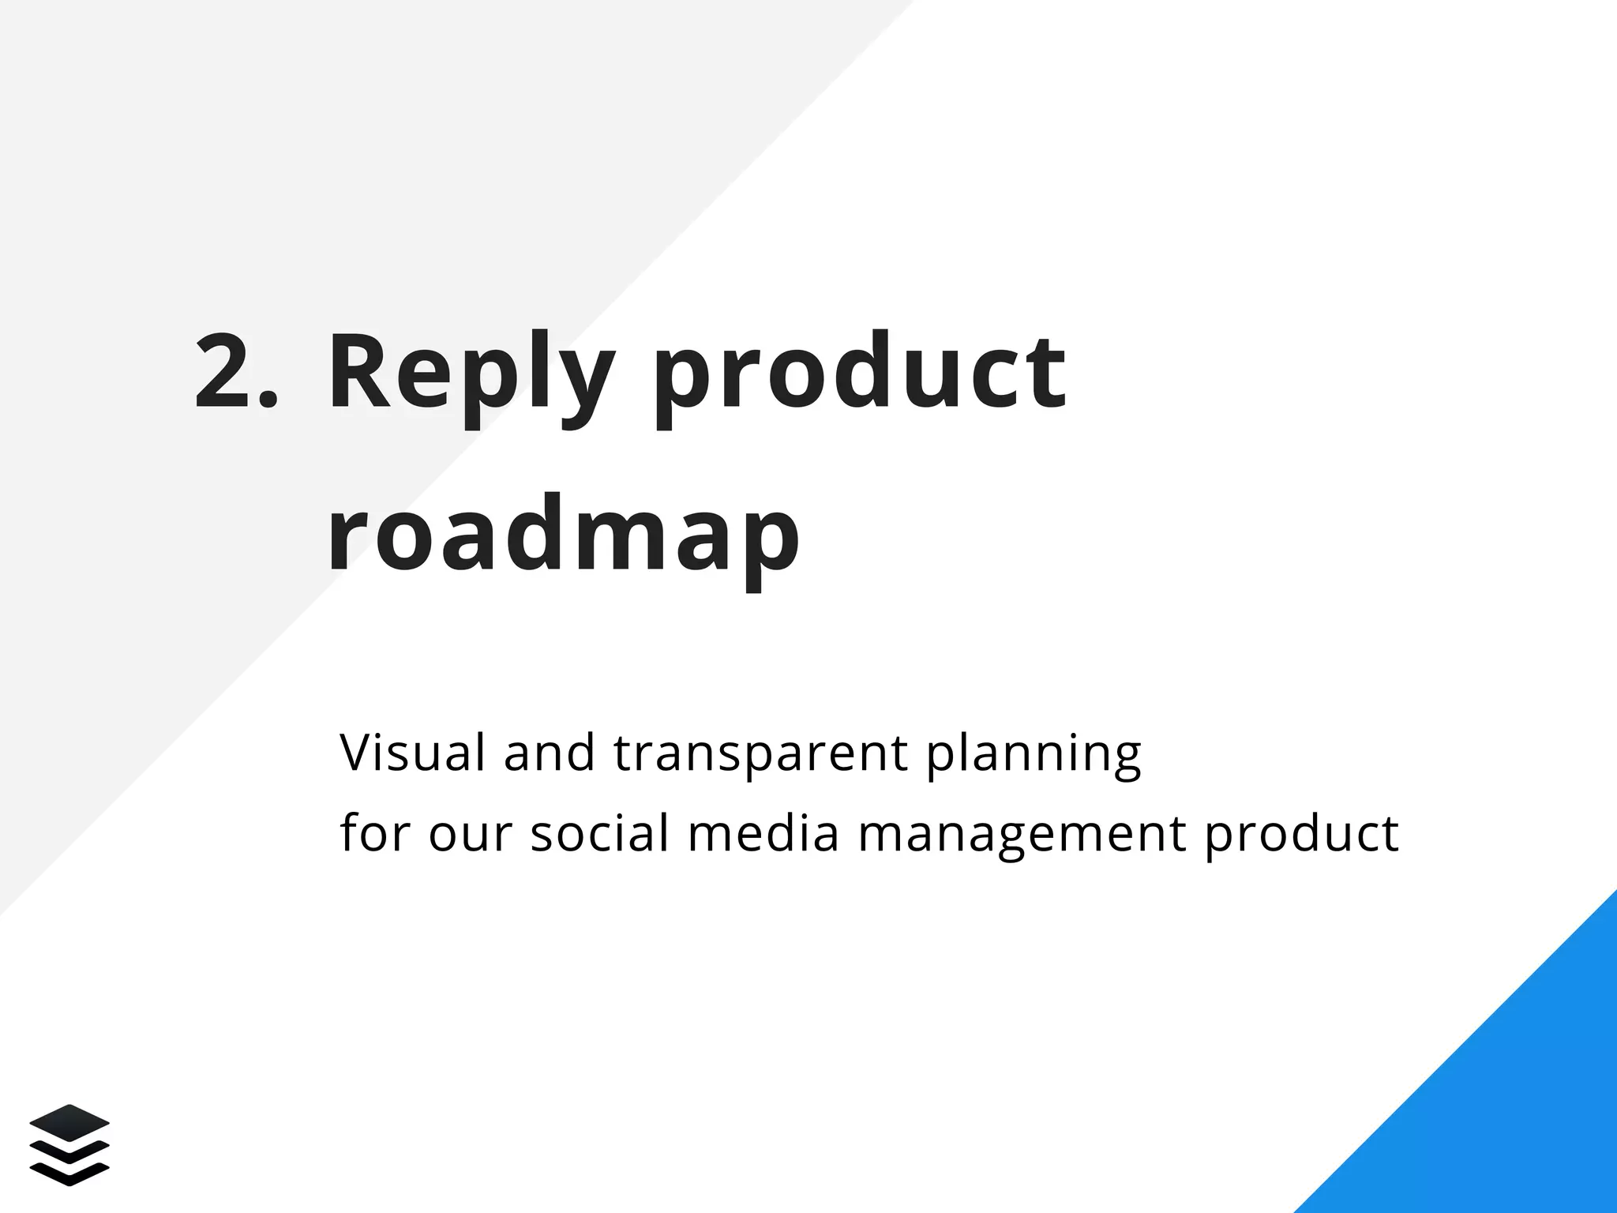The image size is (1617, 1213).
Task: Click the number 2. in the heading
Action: click(235, 371)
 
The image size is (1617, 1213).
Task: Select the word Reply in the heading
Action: click(469, 375)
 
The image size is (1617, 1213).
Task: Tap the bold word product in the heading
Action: click(860, 375)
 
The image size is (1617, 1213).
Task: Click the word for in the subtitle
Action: click(374, 832)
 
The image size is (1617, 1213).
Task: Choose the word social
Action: click(599, 832)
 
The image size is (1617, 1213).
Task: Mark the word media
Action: click(763, 832)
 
